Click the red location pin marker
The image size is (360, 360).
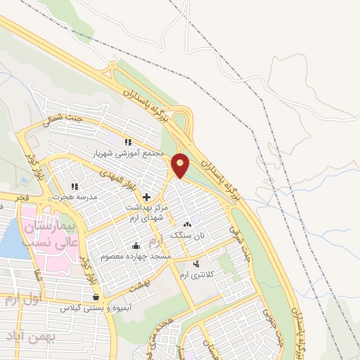[x=181, y=165]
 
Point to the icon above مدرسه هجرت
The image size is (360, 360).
[x=74, y=187]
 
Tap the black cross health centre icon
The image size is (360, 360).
[x=146, y=197]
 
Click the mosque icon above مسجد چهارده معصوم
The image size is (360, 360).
[x=136, y=245]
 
